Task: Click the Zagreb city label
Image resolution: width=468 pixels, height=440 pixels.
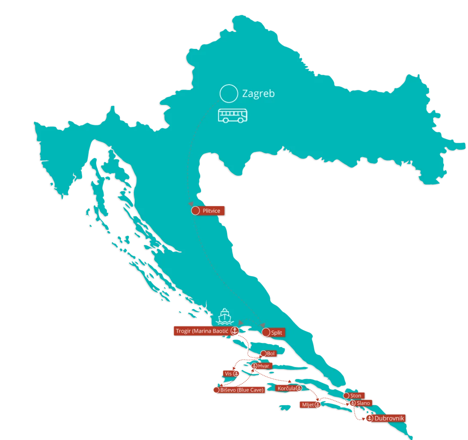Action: point(258,93)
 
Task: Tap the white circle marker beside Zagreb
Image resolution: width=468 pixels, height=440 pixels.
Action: point(228,93)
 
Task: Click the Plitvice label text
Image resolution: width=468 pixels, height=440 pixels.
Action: point(211,211)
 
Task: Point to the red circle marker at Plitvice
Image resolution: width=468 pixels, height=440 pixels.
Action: point(195,211)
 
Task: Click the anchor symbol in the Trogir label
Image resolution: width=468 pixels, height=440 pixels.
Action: point(235,331)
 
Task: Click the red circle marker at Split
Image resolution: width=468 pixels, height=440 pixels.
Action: point(266,332)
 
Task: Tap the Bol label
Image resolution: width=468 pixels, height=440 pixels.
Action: point(270,353)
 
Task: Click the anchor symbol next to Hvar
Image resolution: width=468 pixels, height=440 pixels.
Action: point(254,366)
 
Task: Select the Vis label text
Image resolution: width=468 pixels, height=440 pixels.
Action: point(228,374)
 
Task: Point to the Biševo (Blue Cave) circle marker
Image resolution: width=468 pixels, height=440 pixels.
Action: point(216,390)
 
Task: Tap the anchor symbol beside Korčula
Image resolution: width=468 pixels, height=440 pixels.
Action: point(299,388)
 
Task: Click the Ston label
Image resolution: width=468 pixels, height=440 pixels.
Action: point(356,395)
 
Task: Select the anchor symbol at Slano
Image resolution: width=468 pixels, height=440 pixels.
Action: point(352,403)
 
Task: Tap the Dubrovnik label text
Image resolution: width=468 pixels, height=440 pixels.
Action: point(389,418)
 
